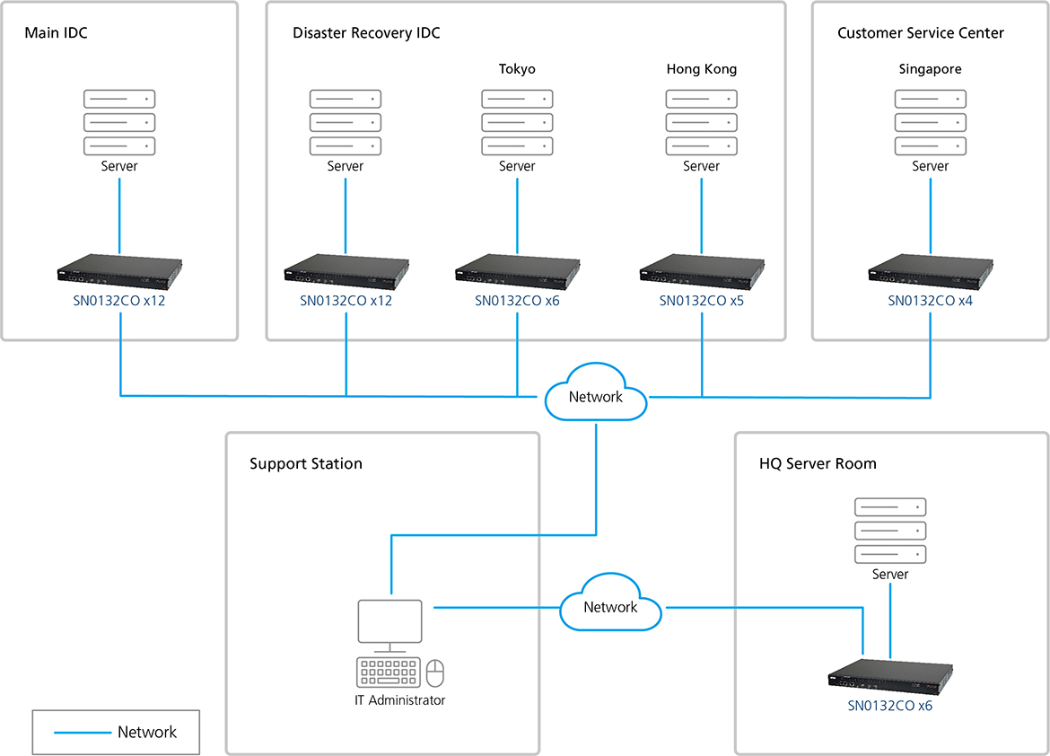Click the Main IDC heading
click(56, 33)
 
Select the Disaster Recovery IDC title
click(366, 33)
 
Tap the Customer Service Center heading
click(920, 33)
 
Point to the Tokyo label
click(517, 69)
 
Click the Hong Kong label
click(701, 69)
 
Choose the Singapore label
click(930, 69)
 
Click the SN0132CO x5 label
click(701, 302)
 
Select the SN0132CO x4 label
click(930, 302)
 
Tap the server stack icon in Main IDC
click(119, 122)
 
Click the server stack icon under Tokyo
click(517, 122)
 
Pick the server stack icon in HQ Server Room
click(890, 531)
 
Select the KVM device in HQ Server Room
click(890, 679)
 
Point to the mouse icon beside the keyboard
click(435, 672)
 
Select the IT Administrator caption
click(399, 700)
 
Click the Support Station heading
click(306, 464)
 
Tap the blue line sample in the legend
click(82, 733)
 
